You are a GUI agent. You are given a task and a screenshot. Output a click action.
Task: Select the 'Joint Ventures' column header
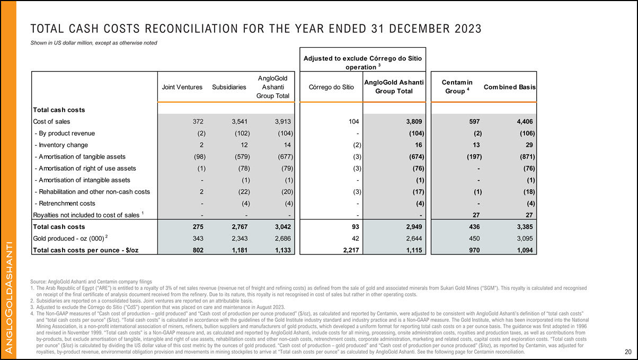coord(182,87)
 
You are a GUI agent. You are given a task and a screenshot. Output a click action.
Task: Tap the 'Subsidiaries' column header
coord(228,87)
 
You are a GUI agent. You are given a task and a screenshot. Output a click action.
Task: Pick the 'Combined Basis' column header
coord(512,87)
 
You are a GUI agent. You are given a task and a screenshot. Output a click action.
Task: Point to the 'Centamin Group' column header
coord(453,87)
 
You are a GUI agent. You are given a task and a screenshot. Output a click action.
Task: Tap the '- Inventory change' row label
coord(60,145)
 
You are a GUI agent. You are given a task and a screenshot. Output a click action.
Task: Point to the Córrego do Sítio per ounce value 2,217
coord(350,249)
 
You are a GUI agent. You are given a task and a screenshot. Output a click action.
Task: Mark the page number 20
coord(627,352)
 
